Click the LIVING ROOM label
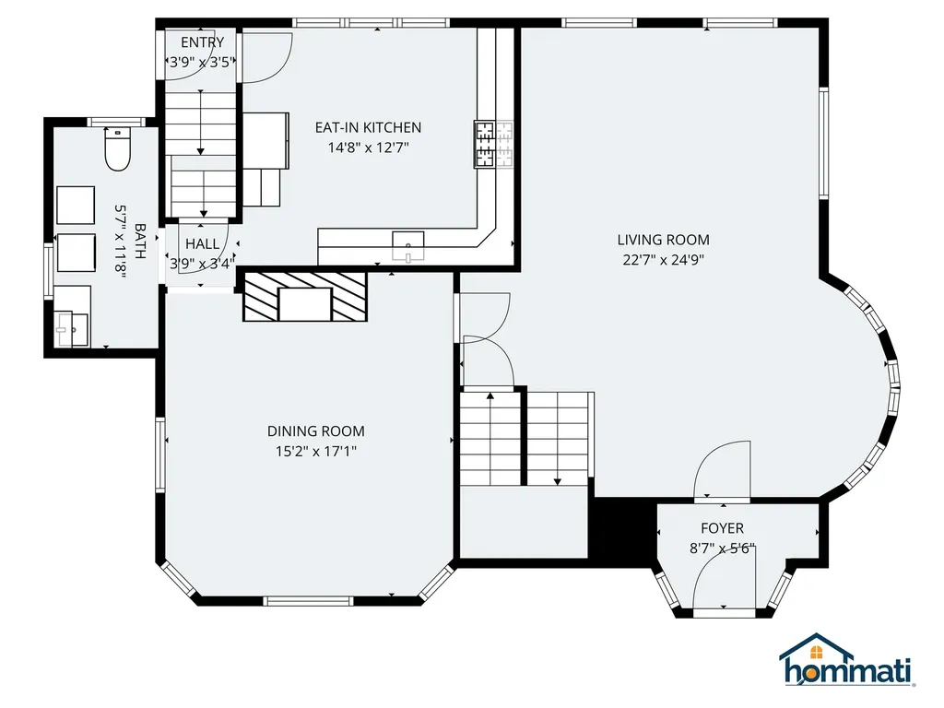(663, 240)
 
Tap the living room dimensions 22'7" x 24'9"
(663, 260)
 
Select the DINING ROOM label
(315, 431)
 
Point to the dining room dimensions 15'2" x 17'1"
(315, 451)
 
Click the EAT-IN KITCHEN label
(368, 127)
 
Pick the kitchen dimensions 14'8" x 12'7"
(368, 147)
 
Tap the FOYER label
(722, 528)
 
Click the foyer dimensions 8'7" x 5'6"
(722, 549)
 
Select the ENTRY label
(202, 42)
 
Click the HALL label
(202, 244)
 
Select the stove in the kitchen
(485, 145)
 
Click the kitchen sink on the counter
(407, 245)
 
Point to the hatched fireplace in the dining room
(305, 297)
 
